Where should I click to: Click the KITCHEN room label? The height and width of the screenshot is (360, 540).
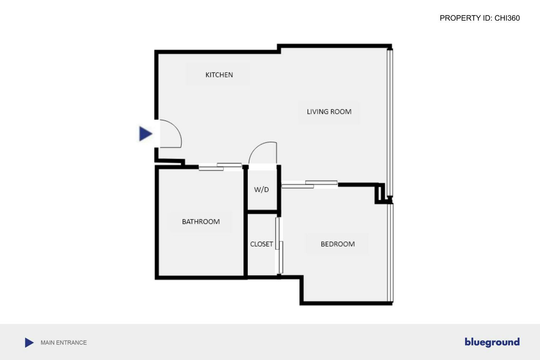point(219,75)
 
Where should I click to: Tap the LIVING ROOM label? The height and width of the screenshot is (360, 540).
point(329,112)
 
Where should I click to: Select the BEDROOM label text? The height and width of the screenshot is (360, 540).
point(337,244)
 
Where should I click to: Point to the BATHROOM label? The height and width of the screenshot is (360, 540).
point(201,222)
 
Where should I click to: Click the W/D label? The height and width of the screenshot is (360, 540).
point(261,189)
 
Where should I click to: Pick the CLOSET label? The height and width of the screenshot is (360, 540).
point(261,244)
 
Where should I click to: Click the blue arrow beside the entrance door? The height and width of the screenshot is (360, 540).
point(145,134)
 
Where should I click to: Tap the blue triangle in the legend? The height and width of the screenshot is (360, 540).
point(29,343)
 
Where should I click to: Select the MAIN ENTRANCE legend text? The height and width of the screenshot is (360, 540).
point(64,343)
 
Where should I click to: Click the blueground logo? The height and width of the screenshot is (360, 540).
point(492,342)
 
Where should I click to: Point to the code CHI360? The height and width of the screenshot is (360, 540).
point(507,18)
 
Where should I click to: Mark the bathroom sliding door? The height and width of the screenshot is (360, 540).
point(220,167)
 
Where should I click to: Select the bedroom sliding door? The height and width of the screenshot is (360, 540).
point(309,184)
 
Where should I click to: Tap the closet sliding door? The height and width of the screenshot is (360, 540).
point(279,245)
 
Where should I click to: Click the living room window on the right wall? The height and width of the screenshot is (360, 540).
point(390,121)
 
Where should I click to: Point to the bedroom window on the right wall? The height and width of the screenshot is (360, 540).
point(390,252)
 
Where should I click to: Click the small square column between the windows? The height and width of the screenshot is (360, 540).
point(380,193)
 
